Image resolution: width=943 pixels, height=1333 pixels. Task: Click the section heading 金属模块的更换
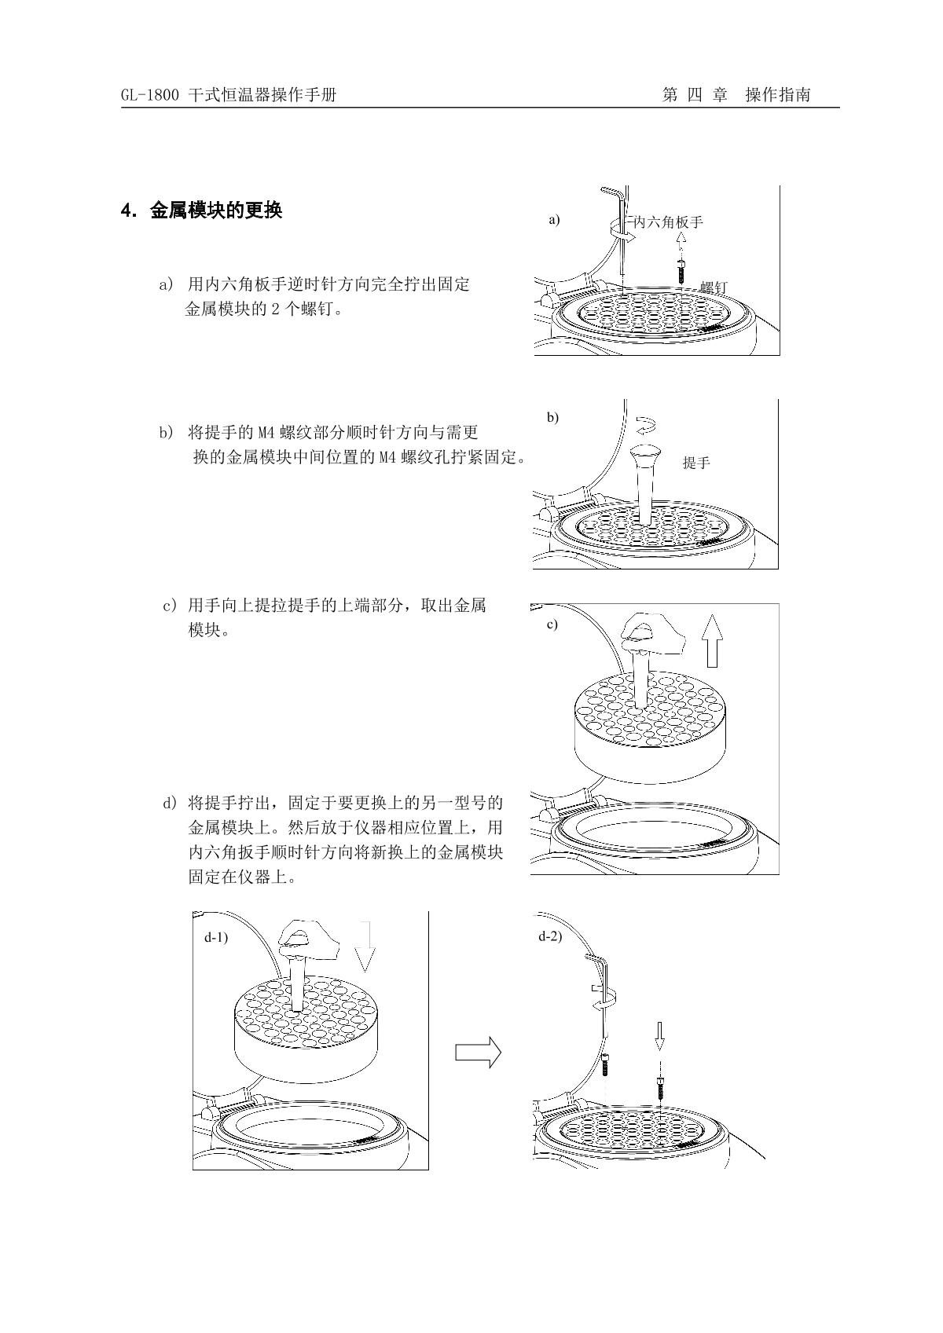216,211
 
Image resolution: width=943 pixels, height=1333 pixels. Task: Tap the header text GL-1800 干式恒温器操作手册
229,94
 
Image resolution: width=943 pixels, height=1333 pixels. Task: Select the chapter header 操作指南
777,94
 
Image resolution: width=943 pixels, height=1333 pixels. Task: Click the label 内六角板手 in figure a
668,222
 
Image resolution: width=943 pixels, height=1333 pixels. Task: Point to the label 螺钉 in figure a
714,287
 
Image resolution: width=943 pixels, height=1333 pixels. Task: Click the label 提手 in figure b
696,463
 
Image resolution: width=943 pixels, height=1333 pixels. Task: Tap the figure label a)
554,220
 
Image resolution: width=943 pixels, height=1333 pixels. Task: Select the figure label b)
553,417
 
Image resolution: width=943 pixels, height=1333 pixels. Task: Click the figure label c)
552,624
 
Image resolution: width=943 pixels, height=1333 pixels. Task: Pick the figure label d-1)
216,938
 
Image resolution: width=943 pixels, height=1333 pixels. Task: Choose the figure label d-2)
550,936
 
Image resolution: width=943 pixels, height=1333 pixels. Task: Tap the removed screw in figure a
681,270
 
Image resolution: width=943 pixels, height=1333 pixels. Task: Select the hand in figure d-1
308,941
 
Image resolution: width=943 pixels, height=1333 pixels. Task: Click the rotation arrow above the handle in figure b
647,425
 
